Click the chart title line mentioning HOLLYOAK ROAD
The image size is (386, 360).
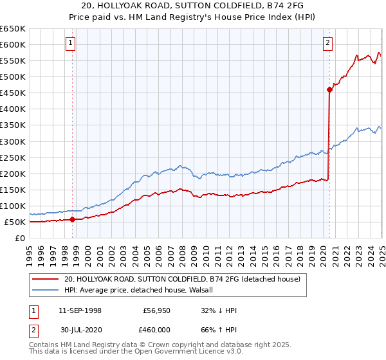(193, 6)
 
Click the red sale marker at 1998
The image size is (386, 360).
(72, 219)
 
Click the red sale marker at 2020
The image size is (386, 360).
(329, 89)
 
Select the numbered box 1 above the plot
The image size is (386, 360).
(70, 43)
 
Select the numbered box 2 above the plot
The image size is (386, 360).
(327, 43)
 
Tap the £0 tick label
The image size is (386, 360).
(19, 238)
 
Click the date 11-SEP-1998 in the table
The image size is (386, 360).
(80, 310)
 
